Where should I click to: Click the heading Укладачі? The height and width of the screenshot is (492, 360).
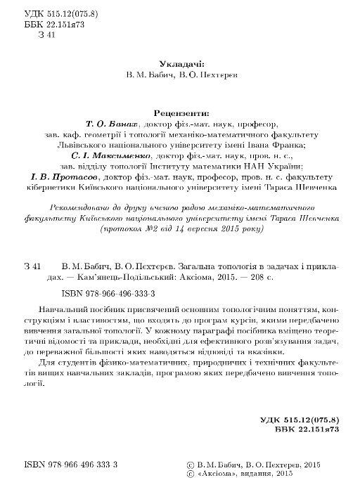click(180, 63)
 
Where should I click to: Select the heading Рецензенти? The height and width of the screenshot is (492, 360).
click(180, 111)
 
